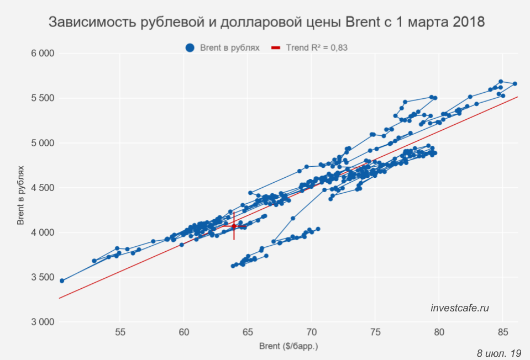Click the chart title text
pos(267,23)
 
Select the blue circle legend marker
pos(190,48)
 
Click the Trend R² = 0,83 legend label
pos(317,48)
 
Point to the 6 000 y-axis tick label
pos(43,54)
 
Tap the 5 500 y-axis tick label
pos(43,98)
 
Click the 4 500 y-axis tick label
pos(43,188)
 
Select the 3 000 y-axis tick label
pos(43,322)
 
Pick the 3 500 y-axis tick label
pos(43,277)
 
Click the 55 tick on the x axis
pos(120,332)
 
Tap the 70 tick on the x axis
pos(311,332)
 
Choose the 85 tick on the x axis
pos(502,332)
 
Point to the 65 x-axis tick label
pos(248,332)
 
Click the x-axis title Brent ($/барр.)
pos(288,347)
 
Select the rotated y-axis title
pos(21,188)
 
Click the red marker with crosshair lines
pos(234,226)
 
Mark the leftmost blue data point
pos(62,280)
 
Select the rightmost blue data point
pos(515,84)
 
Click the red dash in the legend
pos(277,48)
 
